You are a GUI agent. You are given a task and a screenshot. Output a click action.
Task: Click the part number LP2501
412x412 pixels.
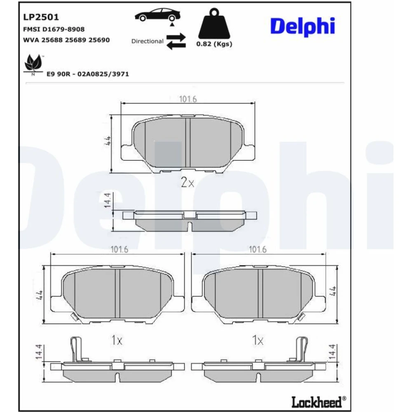pos(41,17)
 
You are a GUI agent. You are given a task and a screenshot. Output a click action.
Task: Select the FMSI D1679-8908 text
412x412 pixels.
pos(54,29)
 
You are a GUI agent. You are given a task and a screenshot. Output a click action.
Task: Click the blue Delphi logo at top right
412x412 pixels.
pos(303,26)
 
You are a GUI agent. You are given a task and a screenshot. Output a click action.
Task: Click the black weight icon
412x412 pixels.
pos(214,23)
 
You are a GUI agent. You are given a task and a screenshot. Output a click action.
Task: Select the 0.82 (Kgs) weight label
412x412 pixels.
pos(214,44)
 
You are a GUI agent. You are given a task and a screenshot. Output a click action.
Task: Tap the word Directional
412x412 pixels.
pos(147,41)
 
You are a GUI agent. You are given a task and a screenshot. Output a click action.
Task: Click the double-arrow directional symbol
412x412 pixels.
pos(176,42)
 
